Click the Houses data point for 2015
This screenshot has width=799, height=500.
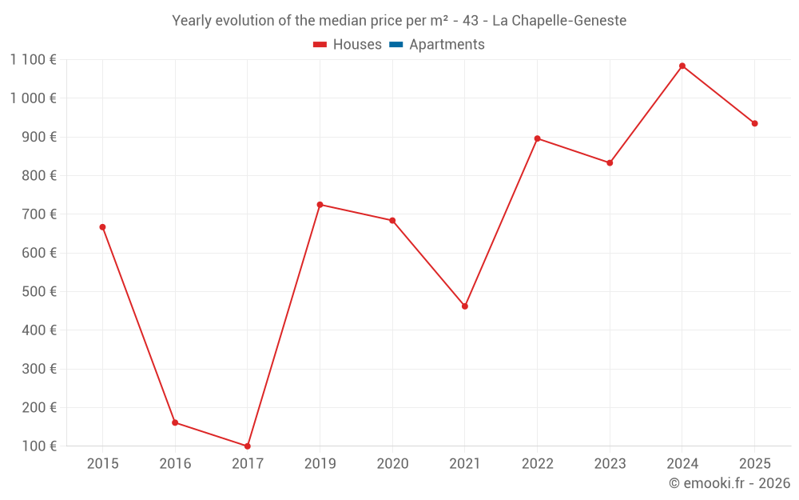pyautogui.click(x=102, y=227)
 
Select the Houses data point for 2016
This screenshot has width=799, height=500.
pyautogui.click(x=175, y=422)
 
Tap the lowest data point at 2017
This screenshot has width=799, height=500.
pyautogui.click(x=248, y=446)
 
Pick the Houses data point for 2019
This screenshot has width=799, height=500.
pyautogui.click(x=320, y=205)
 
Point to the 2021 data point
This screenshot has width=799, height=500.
pyautogui.click(x=465, y=306)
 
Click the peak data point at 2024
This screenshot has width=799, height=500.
pyautogui.click(x=682, y=66)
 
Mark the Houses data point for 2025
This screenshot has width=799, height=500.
pyautogui.click(x=754, y=123)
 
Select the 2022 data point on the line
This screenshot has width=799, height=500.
pyautogui.click(x=537, y=138)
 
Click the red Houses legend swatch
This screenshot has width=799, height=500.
pyautogui.click(x=320, y=45)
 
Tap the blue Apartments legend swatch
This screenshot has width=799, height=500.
pyautogui.click(x=396, y=45)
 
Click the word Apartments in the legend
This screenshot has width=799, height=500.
pyautogui.click(x=447, y=45)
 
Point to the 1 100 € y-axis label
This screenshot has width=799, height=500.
pyautogui.click(x=33, y=59)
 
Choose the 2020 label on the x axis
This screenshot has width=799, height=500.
pyautogui.click(x=392, y=464)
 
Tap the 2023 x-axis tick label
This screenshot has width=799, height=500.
pyautogui.click(x=610, y=464)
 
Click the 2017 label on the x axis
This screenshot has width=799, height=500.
pyautogui.click(x=248, y=464)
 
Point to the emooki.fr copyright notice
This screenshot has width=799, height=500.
pyautogui.click(x=729, y=483)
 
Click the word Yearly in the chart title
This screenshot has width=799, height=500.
pyautogui.click(x=192, y=20)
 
